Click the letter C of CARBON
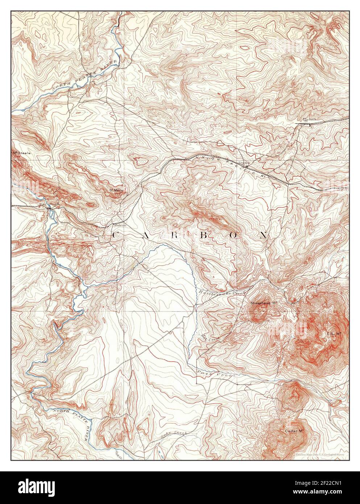116,235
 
